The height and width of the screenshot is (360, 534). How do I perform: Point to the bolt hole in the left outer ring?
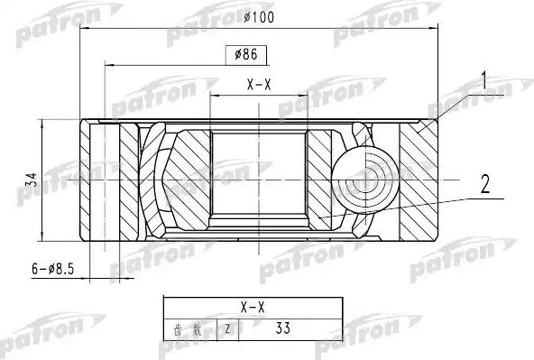(107, 180)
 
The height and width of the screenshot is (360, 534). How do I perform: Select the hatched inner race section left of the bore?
(190, 176)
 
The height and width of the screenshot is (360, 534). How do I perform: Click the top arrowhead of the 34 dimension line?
(42, 123)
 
